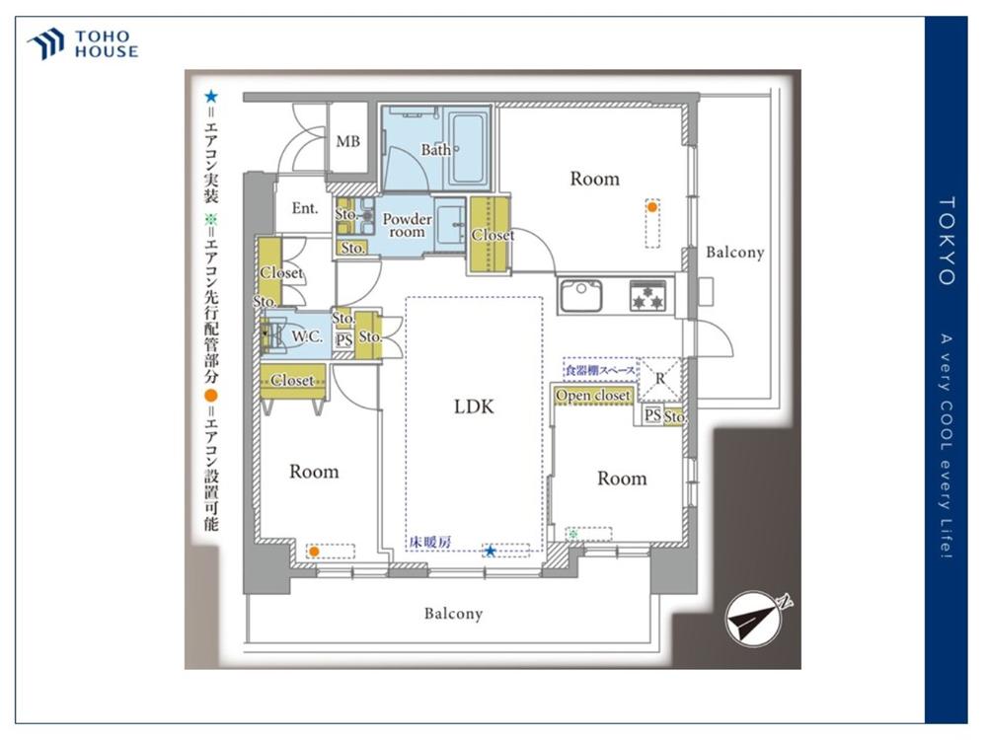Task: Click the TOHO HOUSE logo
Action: (83, 44)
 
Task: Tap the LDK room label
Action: (474, 407)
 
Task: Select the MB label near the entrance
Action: (348, 141)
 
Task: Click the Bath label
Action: (436, 150)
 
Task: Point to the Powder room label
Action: (408, 225)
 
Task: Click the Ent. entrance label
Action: (305, 207)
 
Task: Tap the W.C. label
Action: (307, 336)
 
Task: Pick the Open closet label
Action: (593, 396)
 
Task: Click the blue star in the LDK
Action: (490, 552)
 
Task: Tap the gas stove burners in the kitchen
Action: (647, 296)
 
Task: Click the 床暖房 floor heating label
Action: (430, 541)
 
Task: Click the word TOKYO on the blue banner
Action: (947, 241)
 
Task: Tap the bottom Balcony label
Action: (453, 614)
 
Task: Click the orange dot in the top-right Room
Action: (652, 206)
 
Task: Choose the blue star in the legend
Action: (211, 97)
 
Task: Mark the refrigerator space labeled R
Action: (659, 380)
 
